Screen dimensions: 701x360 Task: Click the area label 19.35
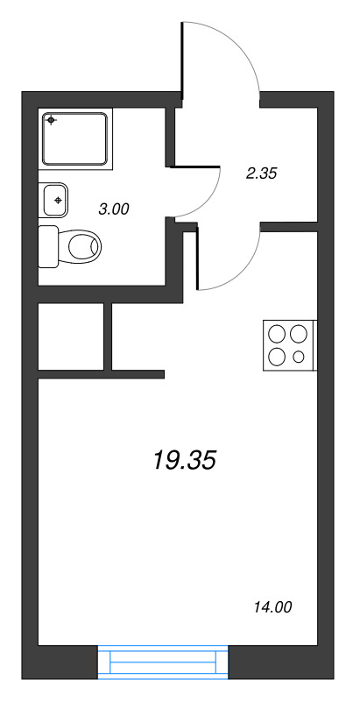pos(184,459)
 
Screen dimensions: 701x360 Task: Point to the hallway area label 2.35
pos(261,173)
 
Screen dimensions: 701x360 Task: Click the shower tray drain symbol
pos(51,120)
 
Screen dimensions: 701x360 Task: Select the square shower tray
pos(76,138)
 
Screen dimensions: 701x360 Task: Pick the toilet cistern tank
pos(47,246)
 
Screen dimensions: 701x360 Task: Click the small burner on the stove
pos(299,357)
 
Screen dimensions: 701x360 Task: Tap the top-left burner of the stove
pos(278,334)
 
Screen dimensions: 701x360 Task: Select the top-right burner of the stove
pos(299,334)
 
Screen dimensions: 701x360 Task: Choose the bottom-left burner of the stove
pos(278,356)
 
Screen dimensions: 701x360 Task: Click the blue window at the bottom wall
pos(162,661)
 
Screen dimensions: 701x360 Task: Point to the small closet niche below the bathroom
pos(70,336)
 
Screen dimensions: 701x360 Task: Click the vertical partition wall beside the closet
pos(109,336)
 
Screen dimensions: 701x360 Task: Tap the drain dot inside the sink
pos(58,201)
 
